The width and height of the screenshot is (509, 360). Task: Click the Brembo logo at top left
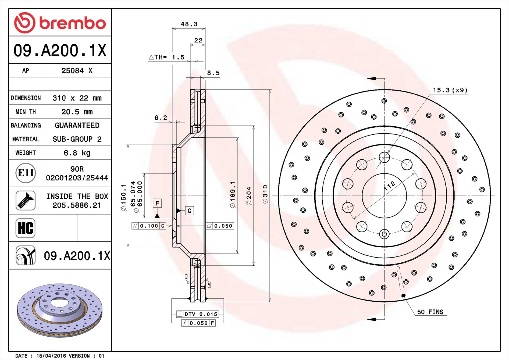point(60,23)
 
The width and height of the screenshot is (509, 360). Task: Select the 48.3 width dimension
point(189,24)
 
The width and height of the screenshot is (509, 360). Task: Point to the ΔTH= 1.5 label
point(166,57)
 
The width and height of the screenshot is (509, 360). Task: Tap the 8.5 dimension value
point(213,73)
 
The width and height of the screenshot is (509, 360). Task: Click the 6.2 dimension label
point(161,117)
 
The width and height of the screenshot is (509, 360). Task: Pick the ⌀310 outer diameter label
point(265,194)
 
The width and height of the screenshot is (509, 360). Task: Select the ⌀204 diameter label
point(249,196)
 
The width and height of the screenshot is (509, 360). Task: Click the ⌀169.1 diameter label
point(233,194)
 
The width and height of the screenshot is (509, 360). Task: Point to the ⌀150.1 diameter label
point(123,197)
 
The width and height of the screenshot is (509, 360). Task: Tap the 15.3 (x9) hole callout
point(450,90)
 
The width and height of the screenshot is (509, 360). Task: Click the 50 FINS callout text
point(430,312)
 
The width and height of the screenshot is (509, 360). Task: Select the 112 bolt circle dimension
point(390,186)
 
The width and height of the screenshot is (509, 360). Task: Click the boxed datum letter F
point(157,203)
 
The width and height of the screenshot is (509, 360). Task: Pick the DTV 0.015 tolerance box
point(198,314)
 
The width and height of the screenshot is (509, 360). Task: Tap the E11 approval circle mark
point(26,173)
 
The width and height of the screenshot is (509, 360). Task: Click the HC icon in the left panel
point(26,228)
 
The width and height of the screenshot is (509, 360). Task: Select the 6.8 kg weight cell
point(77,153)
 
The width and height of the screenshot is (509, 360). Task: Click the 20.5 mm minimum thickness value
point(77,112)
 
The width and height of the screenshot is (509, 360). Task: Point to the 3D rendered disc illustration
point(60,310)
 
